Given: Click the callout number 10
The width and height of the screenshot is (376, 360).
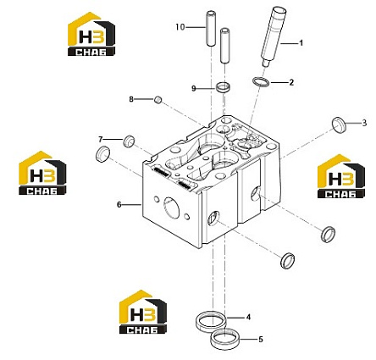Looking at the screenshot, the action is [180, 27].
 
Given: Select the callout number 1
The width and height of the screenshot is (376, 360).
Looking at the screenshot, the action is [301, 43].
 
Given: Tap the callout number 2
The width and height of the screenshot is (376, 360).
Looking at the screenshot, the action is [291, 82].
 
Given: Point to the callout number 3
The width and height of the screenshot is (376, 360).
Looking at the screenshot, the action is [364, 123].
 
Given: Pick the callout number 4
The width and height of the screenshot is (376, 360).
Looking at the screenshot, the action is [248, 317].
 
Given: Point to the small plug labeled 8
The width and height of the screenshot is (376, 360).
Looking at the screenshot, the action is [158, 99].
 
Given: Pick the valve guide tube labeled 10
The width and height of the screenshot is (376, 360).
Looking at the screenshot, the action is [210, 28].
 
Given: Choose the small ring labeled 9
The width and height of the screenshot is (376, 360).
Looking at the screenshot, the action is [223, 87].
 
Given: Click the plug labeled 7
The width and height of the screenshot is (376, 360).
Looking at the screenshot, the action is [130, 141].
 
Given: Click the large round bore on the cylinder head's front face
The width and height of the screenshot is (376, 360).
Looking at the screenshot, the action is [171, 208].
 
